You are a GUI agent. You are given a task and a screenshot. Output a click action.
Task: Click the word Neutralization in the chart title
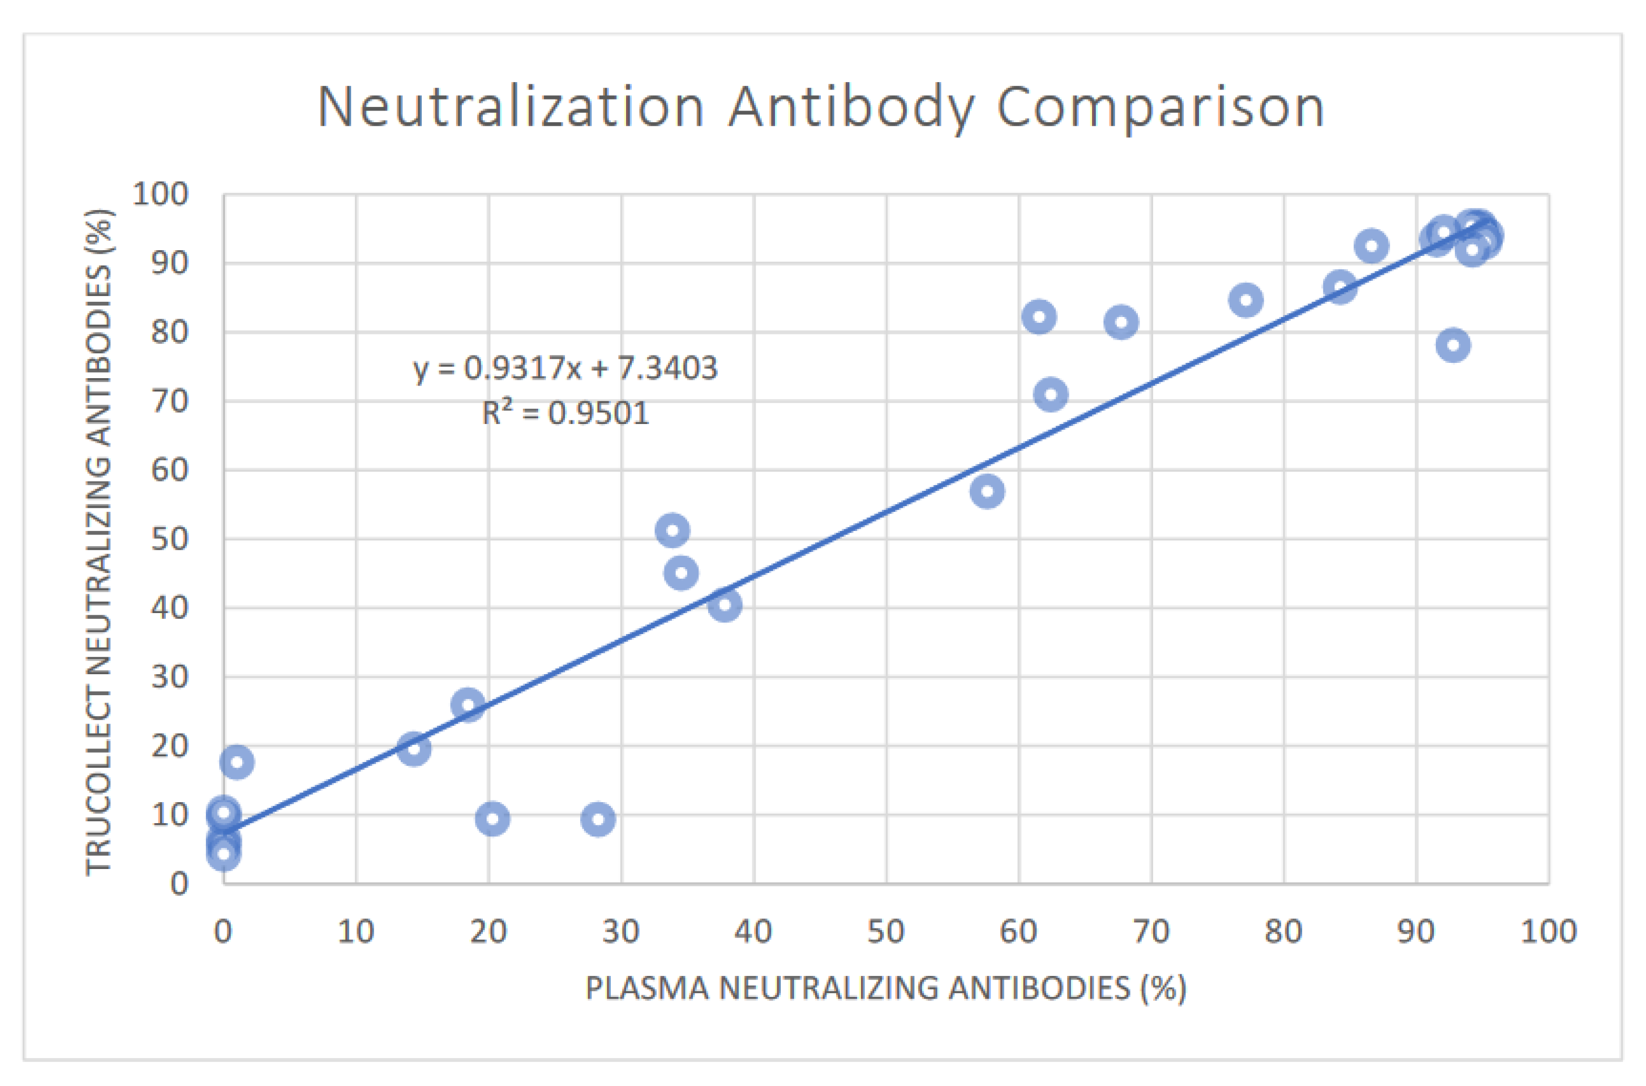tap(511, 107)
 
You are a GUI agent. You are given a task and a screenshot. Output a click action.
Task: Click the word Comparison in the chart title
tap(1160, 107)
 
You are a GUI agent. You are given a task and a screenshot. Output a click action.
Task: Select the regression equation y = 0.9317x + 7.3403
tap(565, 368)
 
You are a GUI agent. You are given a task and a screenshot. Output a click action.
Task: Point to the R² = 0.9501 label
tap(565, 413)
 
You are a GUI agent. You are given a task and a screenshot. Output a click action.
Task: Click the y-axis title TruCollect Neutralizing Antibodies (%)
tap(98, 541)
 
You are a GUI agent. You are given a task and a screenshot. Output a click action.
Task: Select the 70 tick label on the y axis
tap(170, 401)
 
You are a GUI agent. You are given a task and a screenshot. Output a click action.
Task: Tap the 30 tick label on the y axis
tap(170, 677)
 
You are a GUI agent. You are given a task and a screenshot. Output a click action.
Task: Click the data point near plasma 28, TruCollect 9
tap(598, 820)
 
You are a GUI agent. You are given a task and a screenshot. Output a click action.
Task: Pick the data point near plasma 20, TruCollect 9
tap(492, 820)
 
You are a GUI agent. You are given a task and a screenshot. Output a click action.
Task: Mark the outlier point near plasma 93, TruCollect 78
tap(1453, 345)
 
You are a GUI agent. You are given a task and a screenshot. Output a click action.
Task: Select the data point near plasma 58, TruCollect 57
tap(987, 492)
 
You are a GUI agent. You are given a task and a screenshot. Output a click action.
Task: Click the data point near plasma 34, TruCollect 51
tap(672, 531)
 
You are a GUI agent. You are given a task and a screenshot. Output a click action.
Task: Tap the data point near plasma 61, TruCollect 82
tap(1039, 317)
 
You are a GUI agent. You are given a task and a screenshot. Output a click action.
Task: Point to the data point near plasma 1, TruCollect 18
tap(237, 763)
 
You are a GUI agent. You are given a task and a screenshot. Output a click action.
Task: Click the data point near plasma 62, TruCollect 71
tap(1050, 395)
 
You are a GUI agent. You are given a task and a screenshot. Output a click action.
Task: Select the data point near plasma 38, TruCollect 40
tap(725, 605)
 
